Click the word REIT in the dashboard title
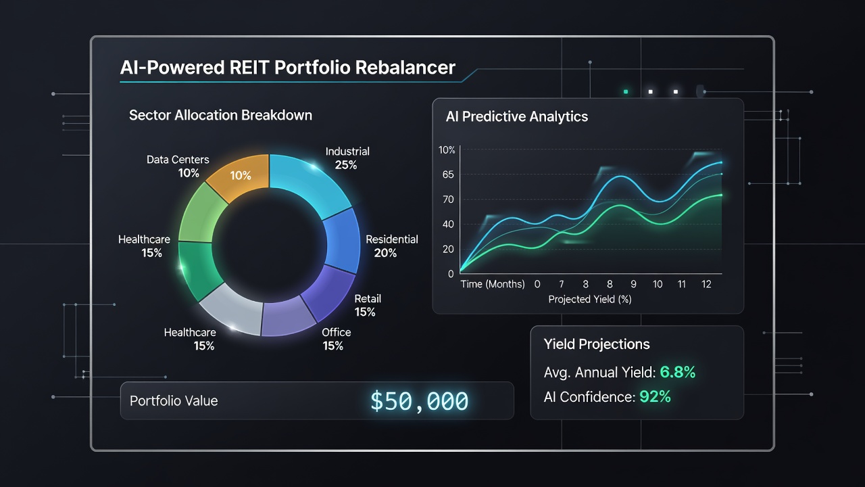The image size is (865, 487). pyautogui.click(x=249, y=68)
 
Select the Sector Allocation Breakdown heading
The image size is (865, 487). pyautogui.click(x=220, y=115)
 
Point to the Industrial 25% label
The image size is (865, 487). pyautogui.click(x=347, y=158)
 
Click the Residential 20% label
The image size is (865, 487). pyautogui.click(x=391, y=246)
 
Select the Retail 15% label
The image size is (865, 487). pyautogui.click(x=367, y=305)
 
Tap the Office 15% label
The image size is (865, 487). pyautogui.click(x=336, y=339)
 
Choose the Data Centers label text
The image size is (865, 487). pyautogui.click(x=178, y=160)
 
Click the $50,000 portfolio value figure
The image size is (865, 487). pyautogui.click(x=420, y=401)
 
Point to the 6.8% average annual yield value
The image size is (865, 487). pyautogui.click(x=678, y=372)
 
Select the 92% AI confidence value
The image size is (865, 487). pyautogui.click(x=655, y=397)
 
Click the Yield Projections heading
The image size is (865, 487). pyautogui.click(x=597, y=344)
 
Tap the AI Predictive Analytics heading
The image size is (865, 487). pyautogui.click(x=517, y=117)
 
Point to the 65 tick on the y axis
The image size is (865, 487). pyautogui.click(x=448, y=175)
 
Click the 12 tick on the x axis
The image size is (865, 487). pyautogui.click(x=706, y=285)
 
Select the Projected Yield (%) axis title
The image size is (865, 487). pyautogui.click(x=590, y=299)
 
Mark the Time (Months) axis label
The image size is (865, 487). pyautogui.click(x=493, y=285)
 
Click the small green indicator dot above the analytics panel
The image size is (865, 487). pyautogui.click(x=626, y=92)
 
